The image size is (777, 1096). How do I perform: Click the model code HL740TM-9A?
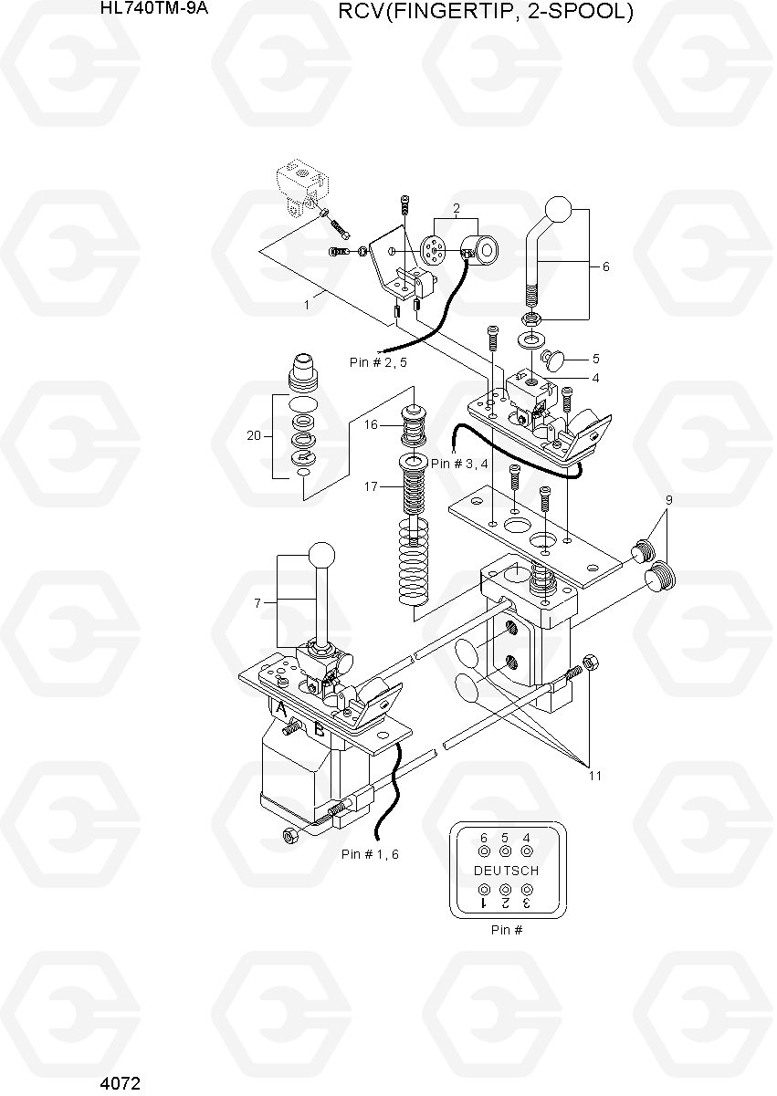click(x=154, y=8)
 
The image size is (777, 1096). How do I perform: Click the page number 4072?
click(x=120, y=1083)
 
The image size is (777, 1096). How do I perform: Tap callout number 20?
click(x=254, y=435)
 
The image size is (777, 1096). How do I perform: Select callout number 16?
click(x=371, y=424)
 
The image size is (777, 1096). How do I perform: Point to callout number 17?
click(x=371, y=486)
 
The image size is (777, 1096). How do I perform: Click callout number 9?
click(x=668, y=500)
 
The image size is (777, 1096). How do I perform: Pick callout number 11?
click(x=595, y=776)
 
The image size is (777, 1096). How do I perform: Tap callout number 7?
click(x=257, y=603)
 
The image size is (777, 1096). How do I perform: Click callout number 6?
click(x=605, y=266)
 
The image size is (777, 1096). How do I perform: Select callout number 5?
click(x=595, y=359)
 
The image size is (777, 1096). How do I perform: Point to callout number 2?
click(x=457, y=209)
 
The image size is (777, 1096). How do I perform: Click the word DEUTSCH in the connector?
click(x=506, y=871)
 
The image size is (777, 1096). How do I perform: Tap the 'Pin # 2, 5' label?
click(x=378, y=362)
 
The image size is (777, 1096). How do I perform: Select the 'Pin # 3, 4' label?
click(x=459, y=464)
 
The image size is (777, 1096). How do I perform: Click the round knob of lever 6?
click(x=558, y=210)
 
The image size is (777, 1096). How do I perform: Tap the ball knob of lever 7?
click(x=321, y=556)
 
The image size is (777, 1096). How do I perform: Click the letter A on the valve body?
click(x=281, y=708)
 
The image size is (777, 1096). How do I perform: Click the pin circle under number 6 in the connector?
click(x=484, y=851)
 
